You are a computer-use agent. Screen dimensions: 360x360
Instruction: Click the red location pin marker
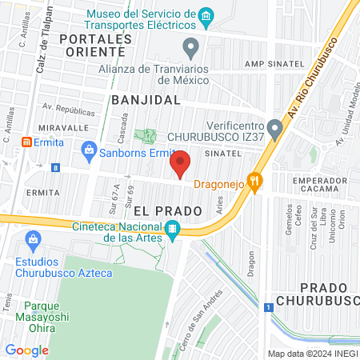pos(181,163)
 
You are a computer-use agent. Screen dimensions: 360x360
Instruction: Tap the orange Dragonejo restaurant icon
pos(255,182)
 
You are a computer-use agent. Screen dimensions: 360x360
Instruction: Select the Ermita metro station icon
pos(27,142)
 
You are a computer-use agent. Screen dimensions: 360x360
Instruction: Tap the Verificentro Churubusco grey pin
pos(274,127)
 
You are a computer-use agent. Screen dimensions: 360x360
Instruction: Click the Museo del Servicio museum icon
pos(206,16)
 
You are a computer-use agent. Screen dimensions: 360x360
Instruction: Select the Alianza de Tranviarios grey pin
pos(190,48)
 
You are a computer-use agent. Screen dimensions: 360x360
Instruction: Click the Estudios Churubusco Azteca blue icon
pos(33,238)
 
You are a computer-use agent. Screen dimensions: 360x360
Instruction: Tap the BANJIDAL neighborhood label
pos(141,99)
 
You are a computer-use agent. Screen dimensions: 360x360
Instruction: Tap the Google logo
pos(26,350)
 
